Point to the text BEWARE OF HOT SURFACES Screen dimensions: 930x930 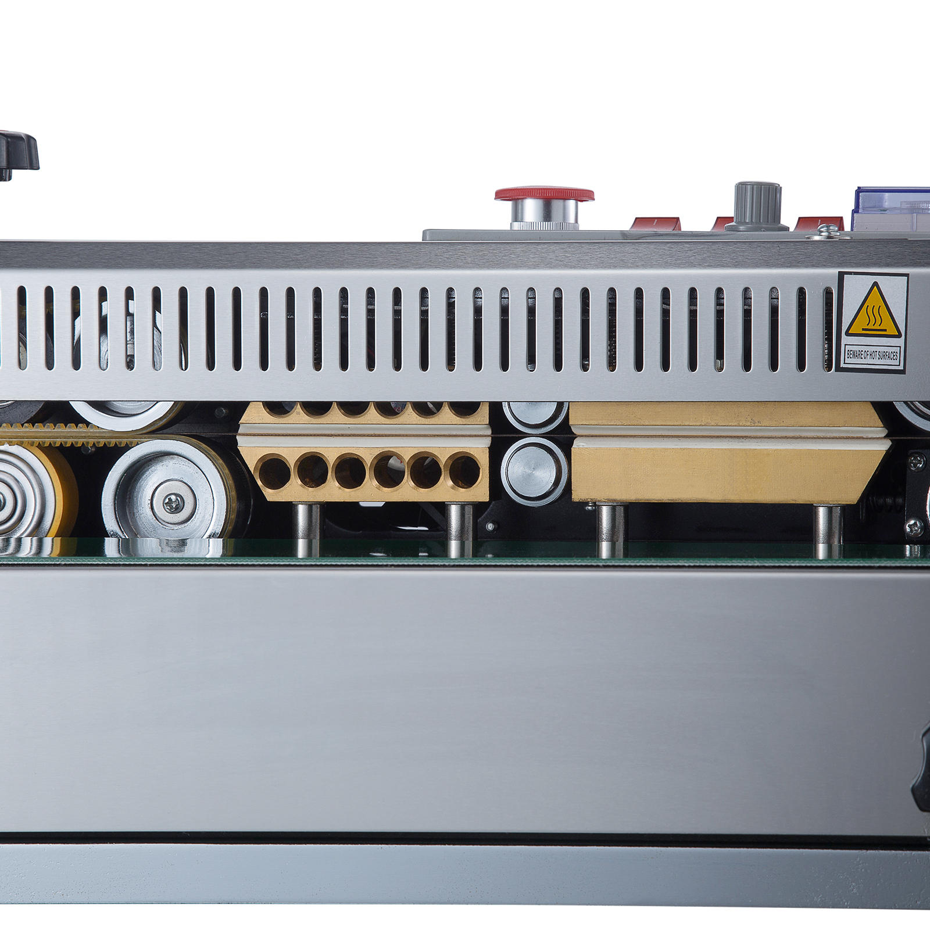872,355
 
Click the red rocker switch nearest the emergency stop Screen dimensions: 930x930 656,223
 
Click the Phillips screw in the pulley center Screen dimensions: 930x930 173,503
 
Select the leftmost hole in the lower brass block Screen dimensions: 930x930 274,472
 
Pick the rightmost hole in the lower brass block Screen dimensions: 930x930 464,472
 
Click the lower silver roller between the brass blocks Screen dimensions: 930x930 534,471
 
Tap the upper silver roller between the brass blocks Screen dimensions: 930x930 534,414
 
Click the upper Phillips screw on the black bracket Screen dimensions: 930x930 917,462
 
